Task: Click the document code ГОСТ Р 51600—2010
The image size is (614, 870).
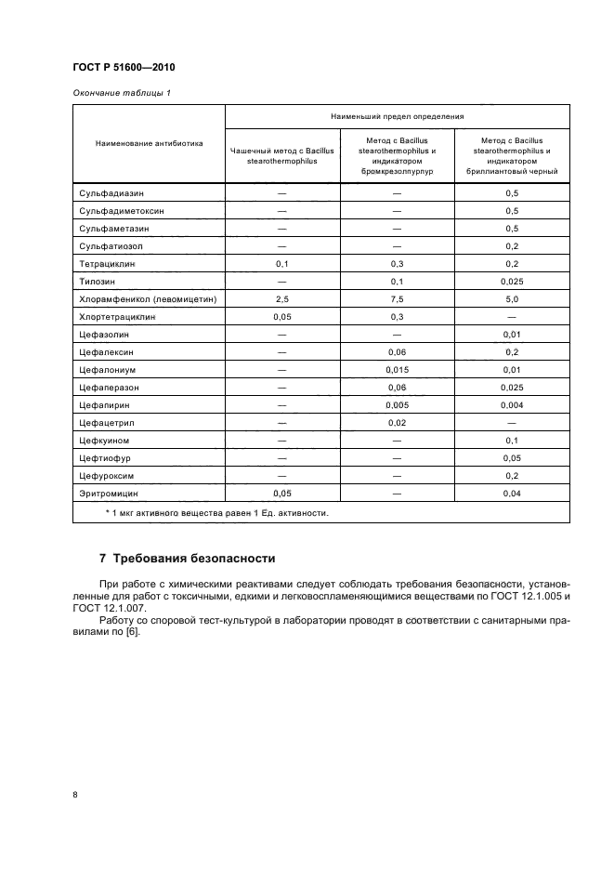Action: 124,69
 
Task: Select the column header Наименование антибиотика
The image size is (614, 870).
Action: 149,144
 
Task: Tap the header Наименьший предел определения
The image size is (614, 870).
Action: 397,116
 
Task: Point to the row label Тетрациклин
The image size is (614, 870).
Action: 107,264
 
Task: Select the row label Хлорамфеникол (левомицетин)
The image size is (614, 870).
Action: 148,299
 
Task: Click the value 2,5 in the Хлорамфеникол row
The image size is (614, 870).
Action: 282,299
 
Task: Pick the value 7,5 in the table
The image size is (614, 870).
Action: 397,299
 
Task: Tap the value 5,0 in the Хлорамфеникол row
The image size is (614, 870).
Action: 511,299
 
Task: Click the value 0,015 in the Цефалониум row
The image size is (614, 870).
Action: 397,370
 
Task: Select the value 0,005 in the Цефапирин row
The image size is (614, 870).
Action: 397,405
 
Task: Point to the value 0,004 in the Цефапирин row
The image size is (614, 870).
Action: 511,405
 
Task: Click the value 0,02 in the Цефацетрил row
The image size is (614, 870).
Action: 397,423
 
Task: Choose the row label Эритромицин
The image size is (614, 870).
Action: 109,494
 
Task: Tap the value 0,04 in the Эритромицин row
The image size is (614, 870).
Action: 511,494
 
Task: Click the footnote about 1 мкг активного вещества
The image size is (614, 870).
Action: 216,512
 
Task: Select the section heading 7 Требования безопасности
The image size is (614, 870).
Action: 188,559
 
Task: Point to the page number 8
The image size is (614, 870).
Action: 75,795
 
